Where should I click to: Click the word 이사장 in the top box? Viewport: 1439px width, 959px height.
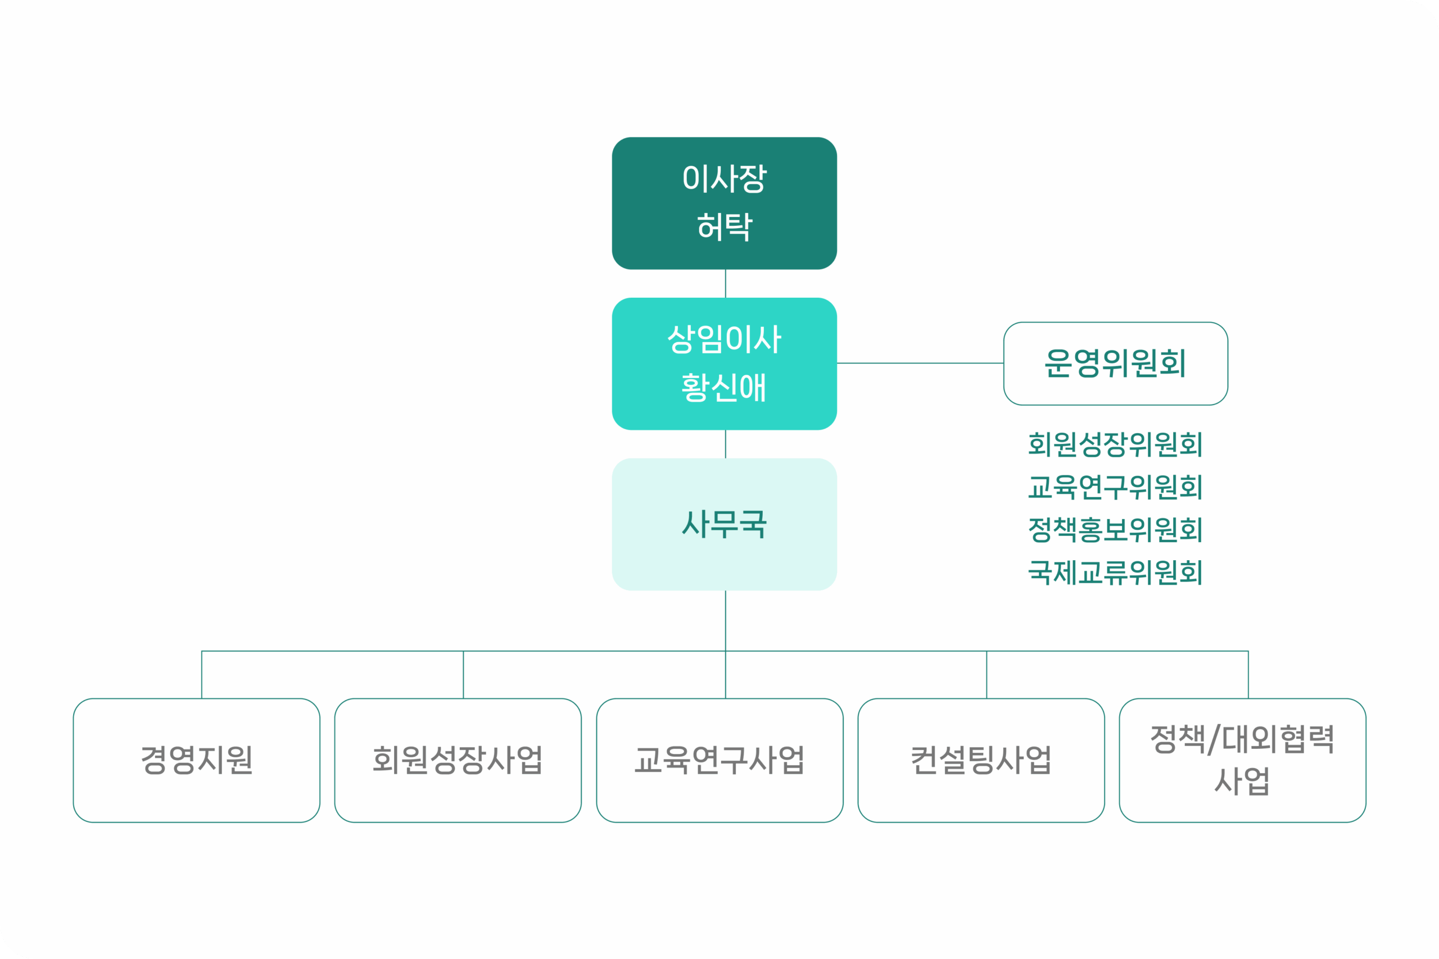point(725,179)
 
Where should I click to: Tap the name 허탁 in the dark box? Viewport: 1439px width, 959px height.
point(725,226)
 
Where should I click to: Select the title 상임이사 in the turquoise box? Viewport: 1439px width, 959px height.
point(725,339)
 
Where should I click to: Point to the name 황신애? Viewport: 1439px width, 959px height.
point(725,388)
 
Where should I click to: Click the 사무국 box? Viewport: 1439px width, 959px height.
point(725,524)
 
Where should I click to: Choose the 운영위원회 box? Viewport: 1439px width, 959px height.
point(1115,363)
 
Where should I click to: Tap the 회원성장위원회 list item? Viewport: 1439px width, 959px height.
point(1115,444)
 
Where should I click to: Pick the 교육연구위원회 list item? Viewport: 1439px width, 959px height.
point(1115,488)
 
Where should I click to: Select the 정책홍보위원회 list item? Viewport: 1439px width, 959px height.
point(1115,530)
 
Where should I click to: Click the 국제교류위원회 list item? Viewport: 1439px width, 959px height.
point(1115,572)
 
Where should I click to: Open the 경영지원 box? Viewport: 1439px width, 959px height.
point(196,760)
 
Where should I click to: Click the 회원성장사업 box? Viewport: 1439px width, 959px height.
point(458,760)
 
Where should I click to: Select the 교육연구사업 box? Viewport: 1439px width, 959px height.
point(719,760)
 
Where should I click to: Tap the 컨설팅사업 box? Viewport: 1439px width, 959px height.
point(981,760)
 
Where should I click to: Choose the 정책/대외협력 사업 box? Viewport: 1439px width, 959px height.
point(1243,760)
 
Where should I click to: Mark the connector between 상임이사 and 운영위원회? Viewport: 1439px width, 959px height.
point(920,363)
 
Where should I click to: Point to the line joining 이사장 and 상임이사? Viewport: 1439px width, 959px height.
point(726,284)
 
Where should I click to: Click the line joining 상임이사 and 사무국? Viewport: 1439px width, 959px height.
point(726,444)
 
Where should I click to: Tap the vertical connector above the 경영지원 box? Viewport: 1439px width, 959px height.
point(202,675)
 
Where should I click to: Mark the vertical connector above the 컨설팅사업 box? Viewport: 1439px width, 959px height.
point(987,675)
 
